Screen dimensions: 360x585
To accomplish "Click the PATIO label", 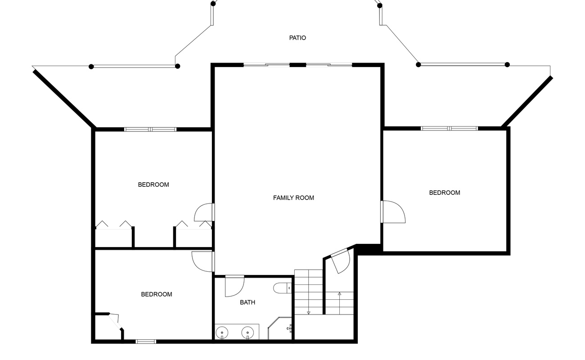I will (x=297, y=38).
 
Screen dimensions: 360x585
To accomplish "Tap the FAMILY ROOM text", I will (x=293, y=198).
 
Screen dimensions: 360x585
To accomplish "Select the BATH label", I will (x=247, y=302).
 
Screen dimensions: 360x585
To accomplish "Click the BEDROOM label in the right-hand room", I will (x=445, y=193).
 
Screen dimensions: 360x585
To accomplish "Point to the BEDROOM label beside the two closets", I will (x=153, y=184).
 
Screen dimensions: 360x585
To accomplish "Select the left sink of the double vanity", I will (x=222, y=333).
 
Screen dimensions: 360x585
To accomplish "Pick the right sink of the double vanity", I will (x=247, y=333).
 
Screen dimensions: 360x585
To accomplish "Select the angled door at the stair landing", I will (x=341, y=261).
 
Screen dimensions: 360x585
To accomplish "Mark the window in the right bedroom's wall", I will (x=449, y=128).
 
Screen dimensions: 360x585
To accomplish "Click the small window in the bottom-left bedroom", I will (x=146, y=342).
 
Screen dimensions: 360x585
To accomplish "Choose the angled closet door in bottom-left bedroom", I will (x=115, y=322).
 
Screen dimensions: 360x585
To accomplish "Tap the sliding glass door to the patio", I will (x=297, y=65).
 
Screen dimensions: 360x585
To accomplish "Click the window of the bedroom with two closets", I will (x=150, y=130).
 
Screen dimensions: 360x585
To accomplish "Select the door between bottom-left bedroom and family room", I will (x=203, y=261).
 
